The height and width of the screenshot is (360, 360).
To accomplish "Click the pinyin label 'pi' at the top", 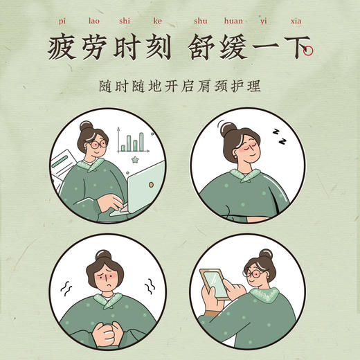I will point(55,21).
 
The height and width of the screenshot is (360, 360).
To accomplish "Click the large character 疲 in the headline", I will point(63,49).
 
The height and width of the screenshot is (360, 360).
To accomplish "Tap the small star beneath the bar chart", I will point(134,160).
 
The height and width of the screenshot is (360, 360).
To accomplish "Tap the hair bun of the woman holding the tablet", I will point(264,255).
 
